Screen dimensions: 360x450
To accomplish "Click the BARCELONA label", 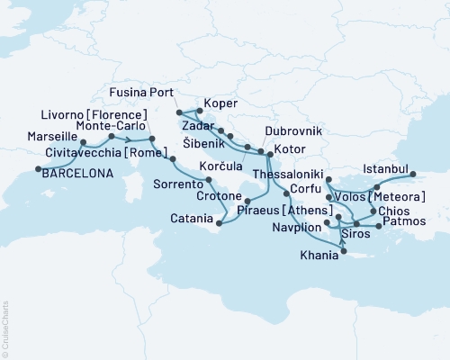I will pos(78,175).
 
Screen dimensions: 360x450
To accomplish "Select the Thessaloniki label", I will pos(284,171).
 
